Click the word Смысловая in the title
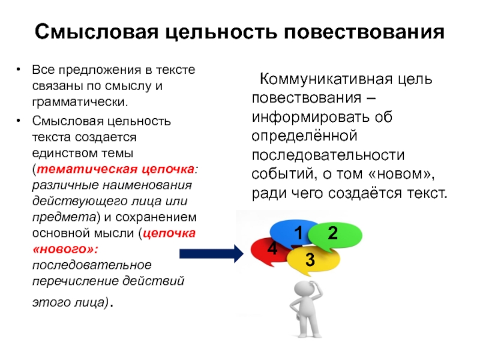click(x=97, y=32)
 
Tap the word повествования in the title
click(x=364, y=32)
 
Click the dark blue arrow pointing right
click(x=212, y=253)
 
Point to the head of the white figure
click(x=304, y=290)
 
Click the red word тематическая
click(x=86, y=169)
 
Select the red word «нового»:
click(x=65, y=249)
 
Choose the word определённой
click(x=305, y=136)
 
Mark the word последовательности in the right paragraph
click(x=328, y=155)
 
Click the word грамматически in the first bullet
click(x=80, y=102)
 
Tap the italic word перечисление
click(x=76, y=281)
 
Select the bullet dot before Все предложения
click(x=19, y=70)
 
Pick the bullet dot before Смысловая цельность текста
click(x=19, y=121)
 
